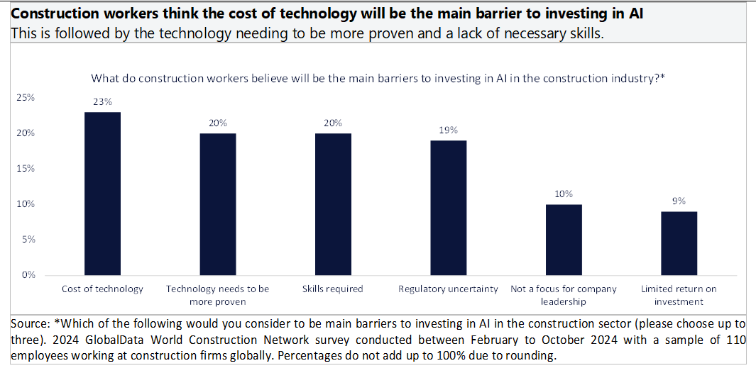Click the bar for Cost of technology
pyautogui.click(x=102, y=194)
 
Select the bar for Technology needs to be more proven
pyautogui.click(x=218, y=204)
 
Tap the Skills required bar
pyautogui.click(x=333, y=204)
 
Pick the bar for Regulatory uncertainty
pyautogui.click(x=449, y=208)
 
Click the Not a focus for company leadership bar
pyautogui.click(x=564, y=240)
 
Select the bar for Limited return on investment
pyautogui.click(x=679, y=243)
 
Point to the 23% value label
pyautogui.click(x=102, y=101)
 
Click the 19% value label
pyautogui.click(x=449, y=130)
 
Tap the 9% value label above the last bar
pyautogui.click(x=679, y=201)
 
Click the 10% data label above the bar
pyautogui.click(x=564, y=194)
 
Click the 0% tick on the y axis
pyautogui.click(x=28, y=275)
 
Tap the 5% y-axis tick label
pyautogui.click(x=28, y=240)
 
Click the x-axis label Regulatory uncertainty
pyautogui.click(x=449, y=289)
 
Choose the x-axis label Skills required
pyautogui.click(x=333, y=289)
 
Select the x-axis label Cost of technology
pyautogui.click(x=102, y=289)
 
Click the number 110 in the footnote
pyautogui.click(x=735, y=340)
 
